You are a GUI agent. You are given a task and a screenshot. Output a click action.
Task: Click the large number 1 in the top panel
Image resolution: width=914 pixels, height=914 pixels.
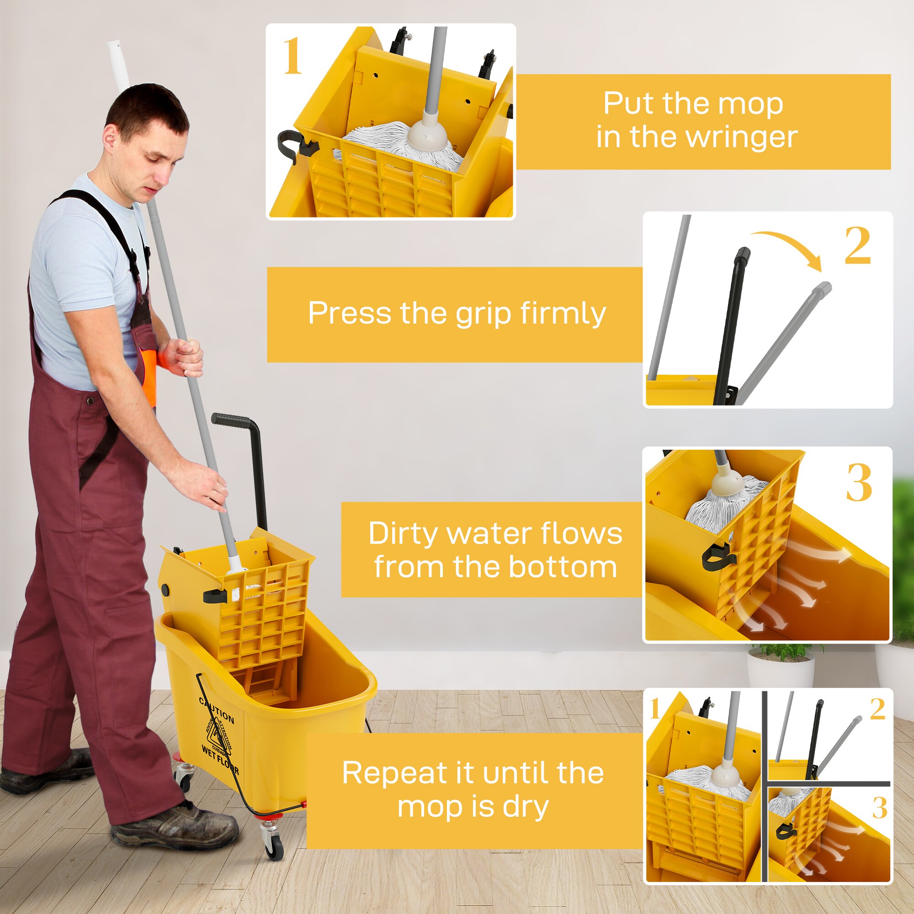(x=292, y=56)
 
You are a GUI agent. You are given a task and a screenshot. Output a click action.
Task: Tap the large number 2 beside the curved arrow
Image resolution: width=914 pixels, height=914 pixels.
(x=857, y=245)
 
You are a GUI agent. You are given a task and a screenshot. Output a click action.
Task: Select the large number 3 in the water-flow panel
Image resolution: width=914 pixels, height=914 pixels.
(x=859, y=483)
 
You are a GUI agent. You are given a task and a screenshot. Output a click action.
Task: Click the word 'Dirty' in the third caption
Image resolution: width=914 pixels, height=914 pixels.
(x=403, y=534)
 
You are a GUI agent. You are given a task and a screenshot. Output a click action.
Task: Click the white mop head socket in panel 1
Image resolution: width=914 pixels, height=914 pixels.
(x=427, y=133)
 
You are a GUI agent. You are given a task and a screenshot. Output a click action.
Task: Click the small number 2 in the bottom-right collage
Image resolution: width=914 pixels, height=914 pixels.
(x=877, y=709)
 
